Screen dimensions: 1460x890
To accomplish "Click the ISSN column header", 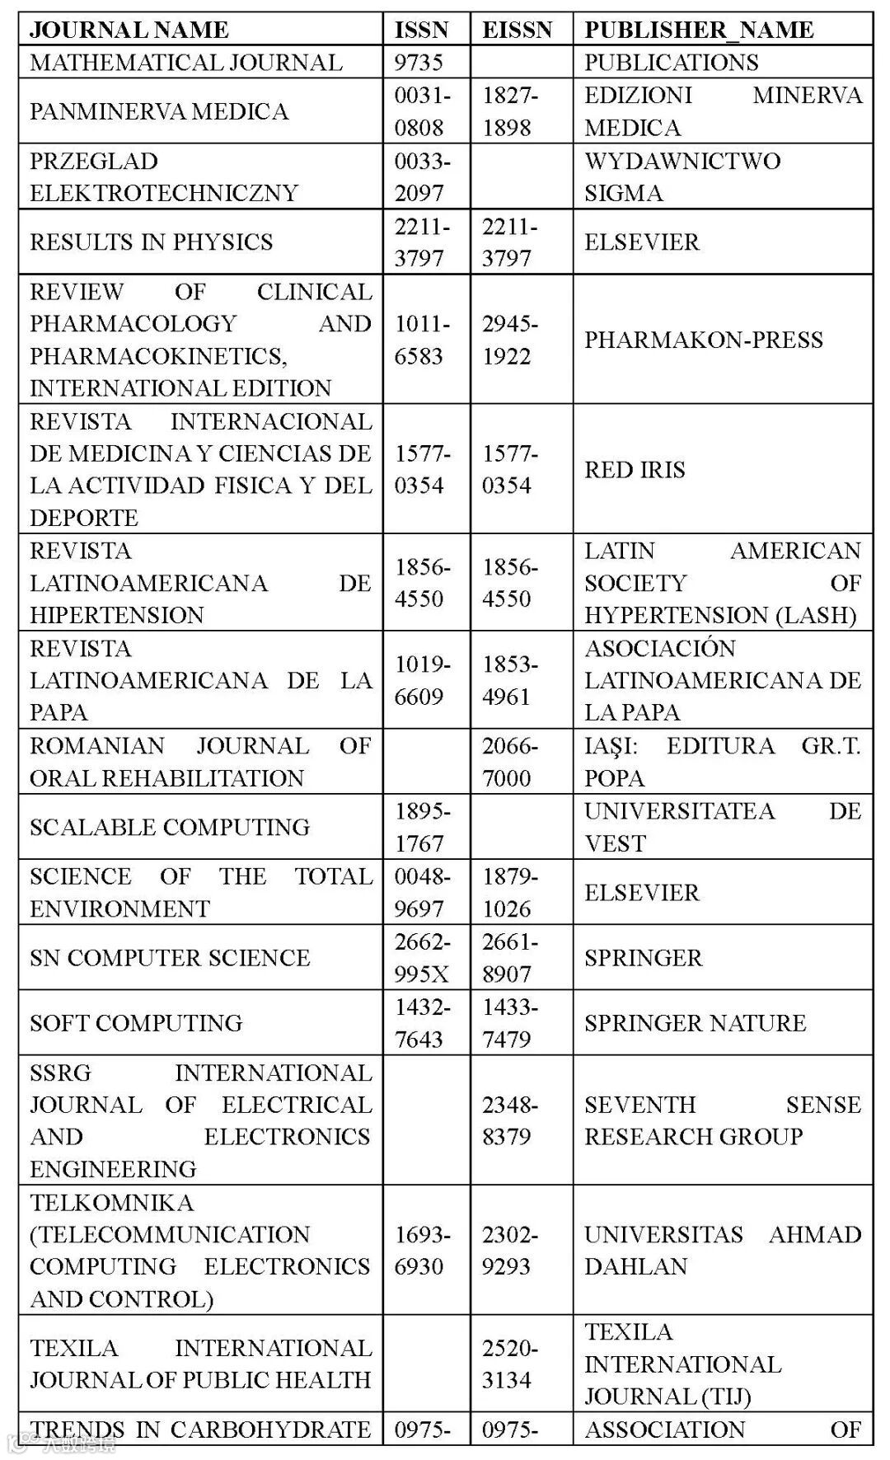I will click(421, 30).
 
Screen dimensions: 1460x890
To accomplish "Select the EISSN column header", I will click(517, 30).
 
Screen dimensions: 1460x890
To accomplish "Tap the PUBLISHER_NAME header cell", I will click(699, 30).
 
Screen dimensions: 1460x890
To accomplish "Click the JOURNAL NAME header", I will click(129, 30).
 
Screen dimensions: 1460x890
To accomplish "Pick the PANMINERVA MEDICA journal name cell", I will click(159, 111).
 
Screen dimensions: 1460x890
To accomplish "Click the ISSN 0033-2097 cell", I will click(422, 176).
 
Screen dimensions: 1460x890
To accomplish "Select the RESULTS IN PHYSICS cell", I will click(152, 242).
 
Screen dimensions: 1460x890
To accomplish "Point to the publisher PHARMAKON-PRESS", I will click(704, 340).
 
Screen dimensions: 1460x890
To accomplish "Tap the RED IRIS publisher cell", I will click(635, 469).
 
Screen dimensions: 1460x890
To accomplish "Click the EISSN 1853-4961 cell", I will click(509, 680).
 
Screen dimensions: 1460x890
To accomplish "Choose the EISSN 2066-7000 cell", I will click(509, 762).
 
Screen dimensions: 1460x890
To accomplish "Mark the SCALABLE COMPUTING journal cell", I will click(170, 827).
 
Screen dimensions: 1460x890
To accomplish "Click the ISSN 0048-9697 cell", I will click(422, 892).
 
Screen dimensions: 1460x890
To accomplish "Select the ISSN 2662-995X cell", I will click(422, 957).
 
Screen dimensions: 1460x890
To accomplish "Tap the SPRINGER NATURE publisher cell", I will click(696, 1022).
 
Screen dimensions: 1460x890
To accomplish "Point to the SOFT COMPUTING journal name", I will click(136, 1022).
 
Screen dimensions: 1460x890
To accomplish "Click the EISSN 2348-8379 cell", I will click(509, 1120).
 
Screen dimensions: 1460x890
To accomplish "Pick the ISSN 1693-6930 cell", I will click(422, 1250).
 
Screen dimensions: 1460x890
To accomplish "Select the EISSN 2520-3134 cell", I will click(509, 1364).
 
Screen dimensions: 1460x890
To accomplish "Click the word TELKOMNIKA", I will click(112, 1202).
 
